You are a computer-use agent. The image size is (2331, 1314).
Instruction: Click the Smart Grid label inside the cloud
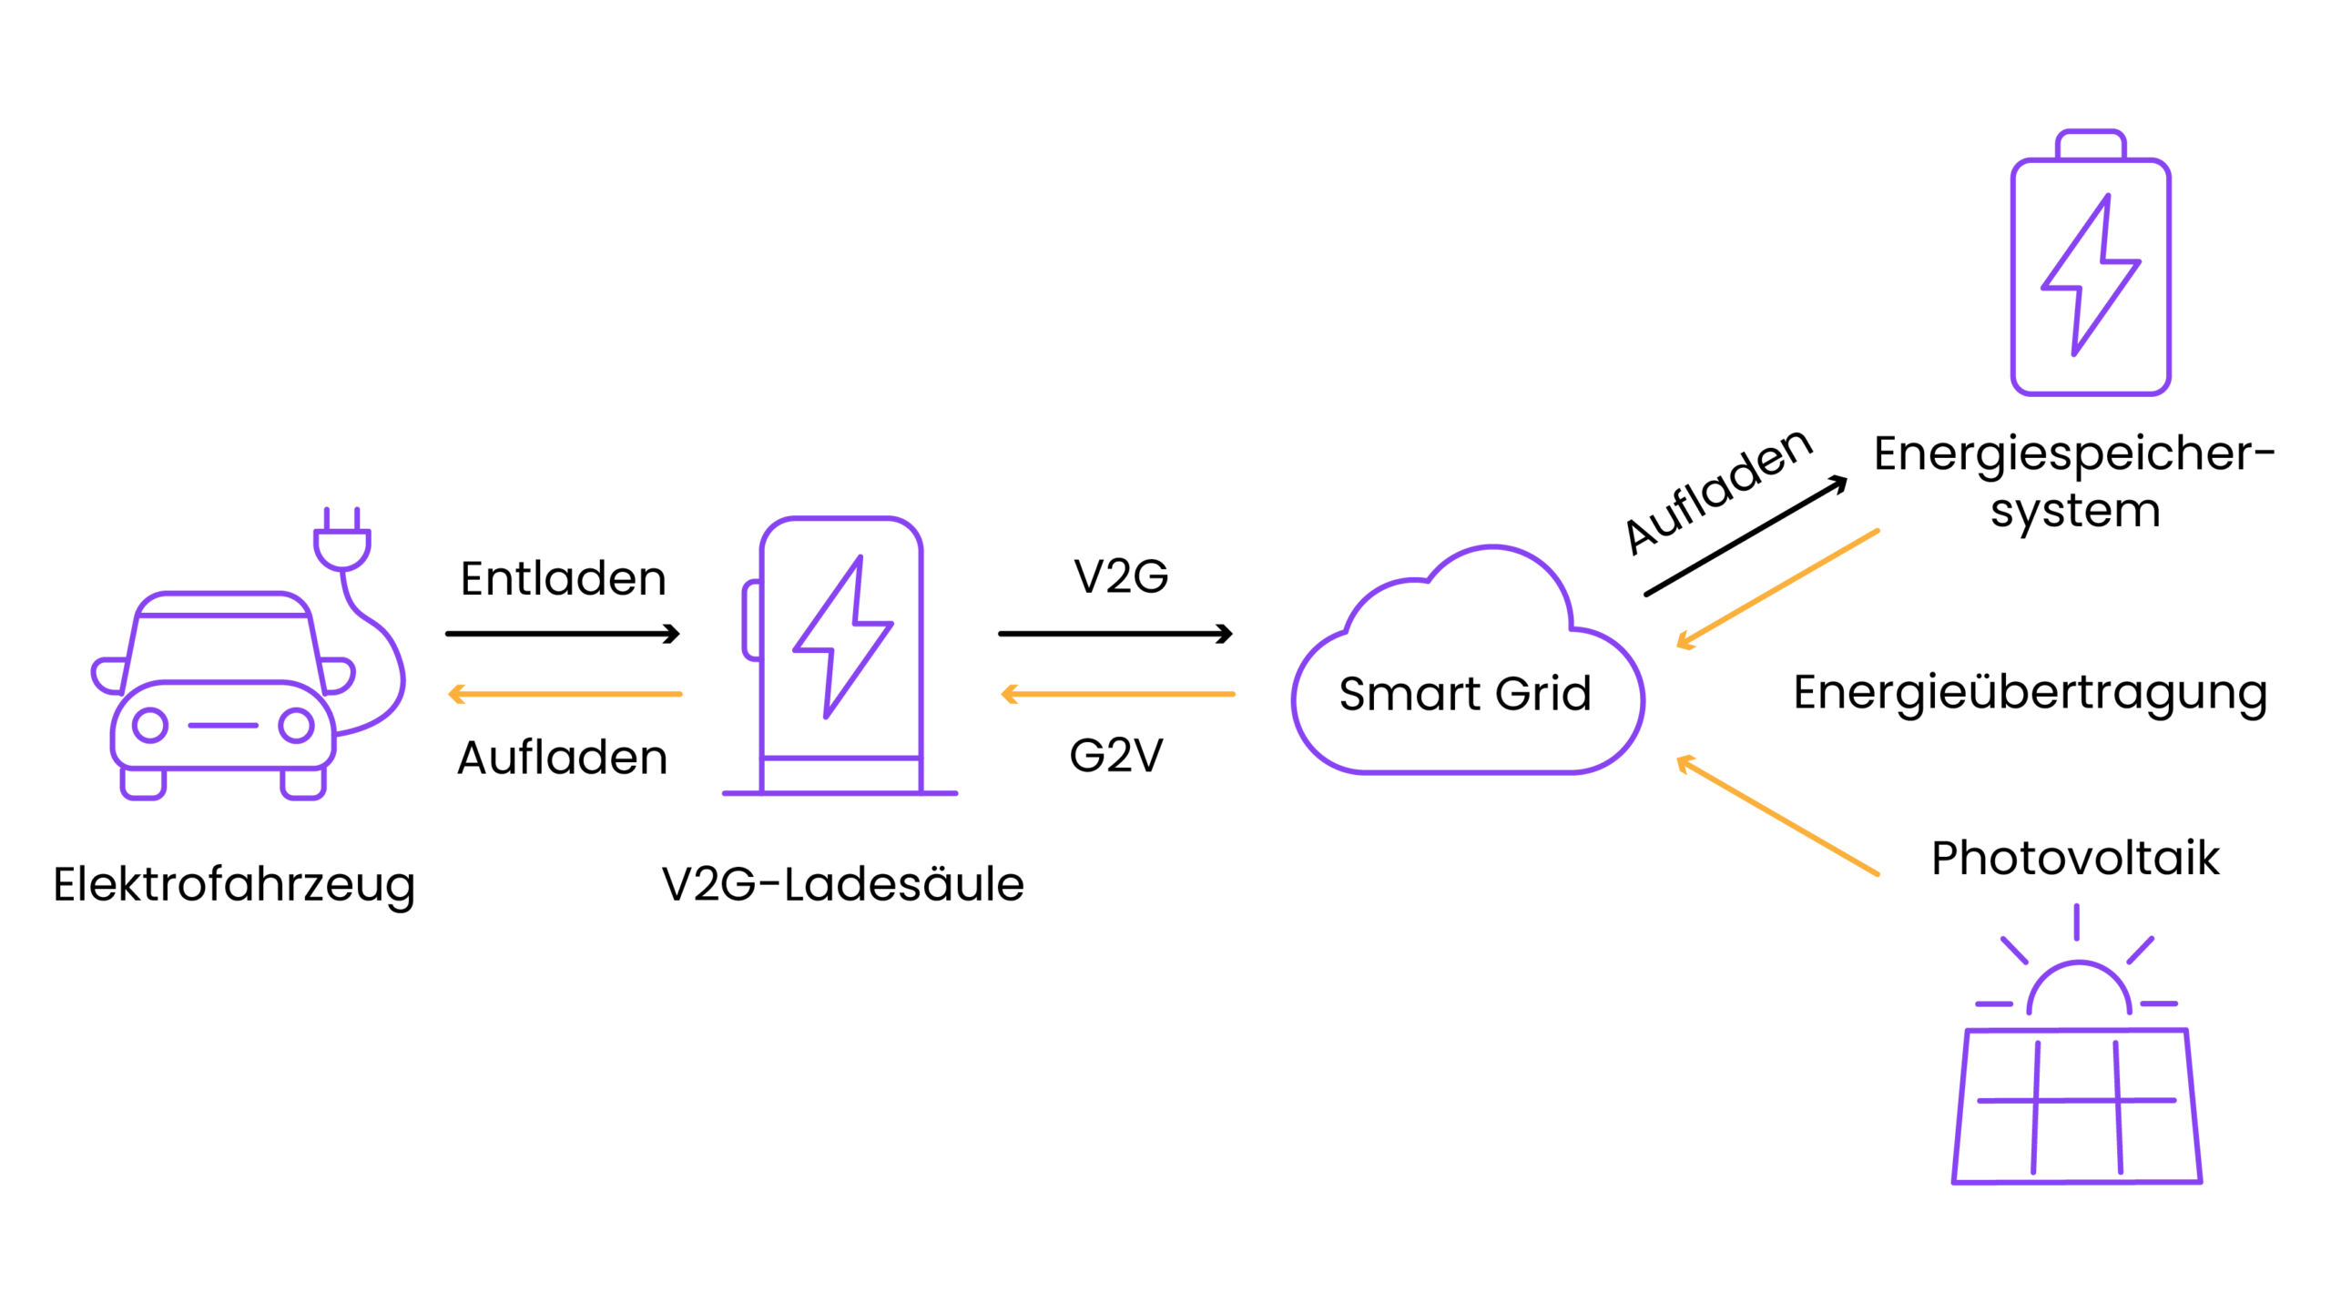pyautogui.click(x=1464, y=694)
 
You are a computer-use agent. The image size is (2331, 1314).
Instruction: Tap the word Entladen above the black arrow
pyautogui.click(x=564, y=579)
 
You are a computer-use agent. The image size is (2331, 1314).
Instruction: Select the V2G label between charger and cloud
pyautogui.click(x=1121, y=576)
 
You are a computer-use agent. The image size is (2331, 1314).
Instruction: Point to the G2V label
pyautogui.click(x=1116, y=756)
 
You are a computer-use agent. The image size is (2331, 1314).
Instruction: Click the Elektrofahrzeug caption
pyautogui.click(x=234, y=885)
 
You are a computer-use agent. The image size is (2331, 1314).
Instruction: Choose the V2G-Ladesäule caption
pyautogui.click(x=843, y=885)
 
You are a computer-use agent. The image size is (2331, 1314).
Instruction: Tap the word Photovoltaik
pyautogui.click(x=2075, y=859)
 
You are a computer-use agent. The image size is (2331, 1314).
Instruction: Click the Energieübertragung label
pyautogui.click(x=2030, y=694)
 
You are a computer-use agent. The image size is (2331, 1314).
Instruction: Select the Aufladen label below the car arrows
pyautogui.click(x=563, y=758)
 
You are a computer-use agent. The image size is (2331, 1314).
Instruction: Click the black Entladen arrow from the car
pyautogui.click(x=563, y=634)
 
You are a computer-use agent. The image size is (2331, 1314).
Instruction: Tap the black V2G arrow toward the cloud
pyautogui.click(x=1115, y=634)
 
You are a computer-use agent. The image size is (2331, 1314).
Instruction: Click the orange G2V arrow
pyautogui.click(x=1117, y=695)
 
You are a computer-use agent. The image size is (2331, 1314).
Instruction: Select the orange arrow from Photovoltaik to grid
pyautogui.click(x=1777, y=816)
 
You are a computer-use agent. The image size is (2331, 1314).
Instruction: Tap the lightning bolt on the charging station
pyautogui.click(x=842, y=637)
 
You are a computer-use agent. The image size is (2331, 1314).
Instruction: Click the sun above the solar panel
pyautogui.click(x=2078, y=989)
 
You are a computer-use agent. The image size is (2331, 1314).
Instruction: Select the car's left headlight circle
pyautogui.click(x=150, y=726)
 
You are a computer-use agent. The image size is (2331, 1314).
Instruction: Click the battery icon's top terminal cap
pyautogui.click(x=2091, y=145)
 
